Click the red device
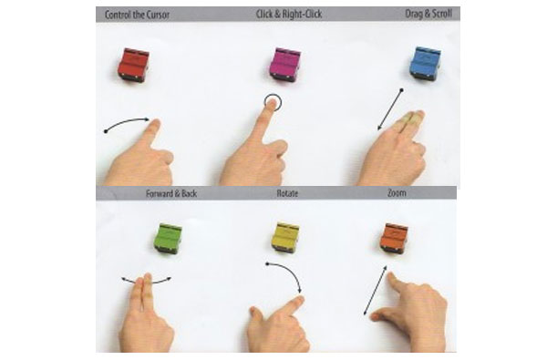pyautogui.click(x=133, y=66)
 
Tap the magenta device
pyautogui.click(x=285, y=65)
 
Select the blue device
pyautogui.click(x=425, y=64)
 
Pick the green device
pyautogui.click(x=168, y=238)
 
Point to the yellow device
pyautogui.click(x=285, y=237)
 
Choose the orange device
pyautogui.click(x=394, y=239)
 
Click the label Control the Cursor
pyautogui.click(x=137, y=15)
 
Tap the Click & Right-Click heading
pyautogui.click(x=289, y=14)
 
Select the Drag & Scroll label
pyautogui.click(x=428, y=14)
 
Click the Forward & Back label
pyautogui.click(x=171, y=193)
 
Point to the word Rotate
pyautogui.click(x=287, y=193)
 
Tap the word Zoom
pyautogui.click(x=397, y=192)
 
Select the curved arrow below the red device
pyautogui.click(x=127, y=122)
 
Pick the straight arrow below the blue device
pyautogui.click(x=389, y=109)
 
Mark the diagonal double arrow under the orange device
pyautogui.click(x=376, y=290)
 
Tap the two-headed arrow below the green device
pyautogui.click(x=147, y=281)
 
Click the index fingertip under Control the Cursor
pyautogui.click(x=156, y=123)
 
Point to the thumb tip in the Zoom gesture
pyautogui.click(x=374, y=317)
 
